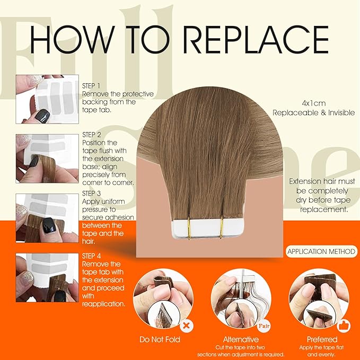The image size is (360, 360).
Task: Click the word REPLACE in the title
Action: (x=257, y=39)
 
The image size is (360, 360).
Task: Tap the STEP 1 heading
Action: (x=91, y=86)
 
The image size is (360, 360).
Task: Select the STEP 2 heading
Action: (x=92, y=135)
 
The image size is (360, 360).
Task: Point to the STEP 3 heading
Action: (x=91, y=194)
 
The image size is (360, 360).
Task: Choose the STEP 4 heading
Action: (x=91, y=256)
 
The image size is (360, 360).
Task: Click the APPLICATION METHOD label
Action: (x=321, y=251)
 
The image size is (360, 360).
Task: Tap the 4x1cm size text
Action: (x=314, y=103)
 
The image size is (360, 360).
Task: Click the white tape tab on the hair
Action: (x=207, y=228)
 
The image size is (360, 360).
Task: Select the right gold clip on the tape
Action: (x=222, y=227)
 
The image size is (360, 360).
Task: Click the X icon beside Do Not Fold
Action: (x=187, y=326)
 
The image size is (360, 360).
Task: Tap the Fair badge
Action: (x=264, y=326)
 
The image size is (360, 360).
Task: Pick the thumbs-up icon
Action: (x=344, y=326)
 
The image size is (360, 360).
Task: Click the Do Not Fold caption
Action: (x=160, y=339)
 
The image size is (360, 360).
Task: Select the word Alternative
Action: (x=241, y=339)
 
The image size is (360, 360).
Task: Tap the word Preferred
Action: (x=322, y=339)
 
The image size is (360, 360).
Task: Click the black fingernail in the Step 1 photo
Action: (x=42, y=116)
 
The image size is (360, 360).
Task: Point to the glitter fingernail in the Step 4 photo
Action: (x=28, y=277)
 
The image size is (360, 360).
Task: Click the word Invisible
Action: (x=341, y=113)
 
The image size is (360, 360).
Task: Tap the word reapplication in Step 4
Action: (x=103, y=304)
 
